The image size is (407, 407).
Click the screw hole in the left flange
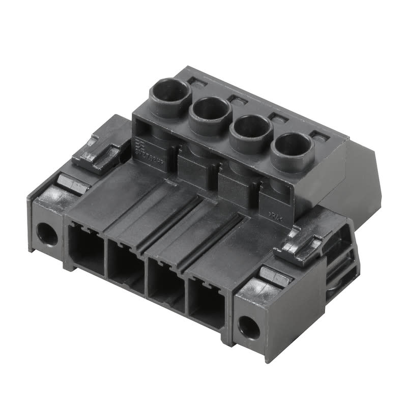(47, 234)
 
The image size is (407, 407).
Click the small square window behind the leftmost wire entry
(196, 80)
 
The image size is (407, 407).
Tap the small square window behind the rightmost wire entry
(318, 136)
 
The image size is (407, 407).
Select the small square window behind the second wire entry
(237, 98)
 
